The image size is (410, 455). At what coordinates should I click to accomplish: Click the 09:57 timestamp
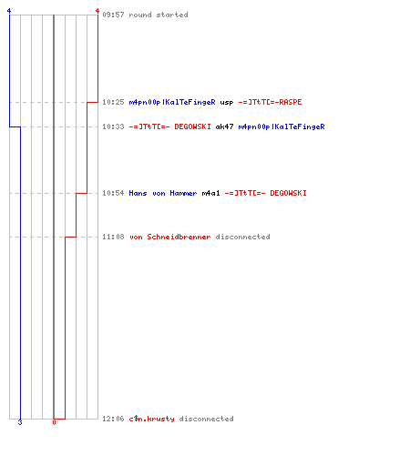(x=113, y=15)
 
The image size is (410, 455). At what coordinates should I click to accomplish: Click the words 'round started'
(x=159, y=15)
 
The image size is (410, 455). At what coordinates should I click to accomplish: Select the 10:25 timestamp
(x=113, y=102)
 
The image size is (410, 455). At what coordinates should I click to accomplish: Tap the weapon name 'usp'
(x=227, y=103)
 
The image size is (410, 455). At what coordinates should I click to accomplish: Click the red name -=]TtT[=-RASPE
(x=270, y=102)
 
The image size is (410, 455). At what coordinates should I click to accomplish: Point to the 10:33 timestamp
(x=113, y=126)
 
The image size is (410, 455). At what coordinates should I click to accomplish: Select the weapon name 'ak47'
(x=224, y=126)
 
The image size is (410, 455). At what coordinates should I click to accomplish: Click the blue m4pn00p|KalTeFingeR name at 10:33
(x=282, y=126)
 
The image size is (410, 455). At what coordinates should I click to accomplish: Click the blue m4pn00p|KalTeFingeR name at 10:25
(x=172, y=102)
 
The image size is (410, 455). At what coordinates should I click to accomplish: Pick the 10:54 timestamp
(x=113, y=193)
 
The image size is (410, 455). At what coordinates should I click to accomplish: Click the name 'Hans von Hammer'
(x=163, y=193)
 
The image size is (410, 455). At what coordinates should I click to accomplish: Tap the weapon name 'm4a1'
(x=210, y=193)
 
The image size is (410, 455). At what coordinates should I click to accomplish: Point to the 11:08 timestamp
(x=113, y=237)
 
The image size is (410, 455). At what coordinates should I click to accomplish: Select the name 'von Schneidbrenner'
(x=170, y=237)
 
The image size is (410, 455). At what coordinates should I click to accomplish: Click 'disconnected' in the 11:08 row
(x=242, y=237)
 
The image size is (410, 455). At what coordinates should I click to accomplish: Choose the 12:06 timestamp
(x=113, y=419)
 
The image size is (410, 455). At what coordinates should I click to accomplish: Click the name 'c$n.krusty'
(x=151, y=419)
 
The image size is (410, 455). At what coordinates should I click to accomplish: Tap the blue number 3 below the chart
(x=20, y=422)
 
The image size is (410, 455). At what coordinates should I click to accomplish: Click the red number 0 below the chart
(x=54, y=422)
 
